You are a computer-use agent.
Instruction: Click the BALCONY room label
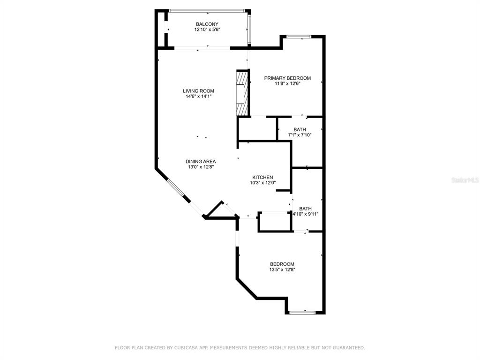pos(207,24)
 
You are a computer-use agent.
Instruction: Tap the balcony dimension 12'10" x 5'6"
pos(207,30)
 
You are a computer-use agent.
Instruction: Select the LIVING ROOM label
pos(198,91)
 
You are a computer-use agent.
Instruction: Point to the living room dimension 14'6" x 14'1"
pos(199,97)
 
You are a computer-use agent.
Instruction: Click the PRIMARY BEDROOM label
pos(287,78)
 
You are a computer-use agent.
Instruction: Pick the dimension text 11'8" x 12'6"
pos(287,83)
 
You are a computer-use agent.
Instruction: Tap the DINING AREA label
pos(201,162)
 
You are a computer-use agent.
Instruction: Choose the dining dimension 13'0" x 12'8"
pos(201,167)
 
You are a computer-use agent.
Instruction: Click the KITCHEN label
pos(262,178)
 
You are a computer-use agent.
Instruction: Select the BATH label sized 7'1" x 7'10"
pos(300,130)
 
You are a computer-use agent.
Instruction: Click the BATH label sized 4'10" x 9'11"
pos(306,209)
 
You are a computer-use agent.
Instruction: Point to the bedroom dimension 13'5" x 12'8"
pos(282,270)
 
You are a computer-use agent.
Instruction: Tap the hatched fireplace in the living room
pos(242,93)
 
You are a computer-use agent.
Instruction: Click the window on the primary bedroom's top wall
pos(299,37)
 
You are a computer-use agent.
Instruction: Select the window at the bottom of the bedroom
pos(302,313)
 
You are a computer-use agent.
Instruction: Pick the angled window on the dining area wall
pos(175,187)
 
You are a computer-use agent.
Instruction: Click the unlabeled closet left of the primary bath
pos(257,128)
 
